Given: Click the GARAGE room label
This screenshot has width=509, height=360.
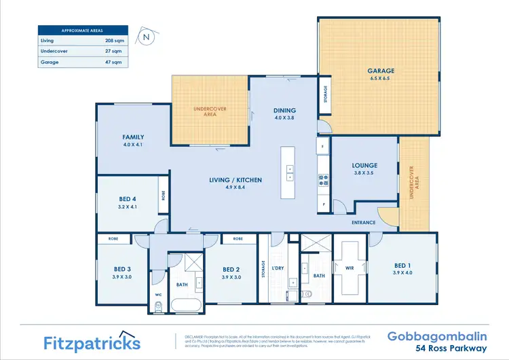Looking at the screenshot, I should pyautogui.click(x=381, y=71).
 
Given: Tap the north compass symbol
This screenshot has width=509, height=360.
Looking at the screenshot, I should pyautogui.click(x=145, y=37).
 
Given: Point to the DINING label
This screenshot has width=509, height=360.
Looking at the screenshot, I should pyautogui.click(x=284, y=110).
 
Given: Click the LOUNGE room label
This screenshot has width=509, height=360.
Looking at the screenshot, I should pyautogui.click(x=364, y=165).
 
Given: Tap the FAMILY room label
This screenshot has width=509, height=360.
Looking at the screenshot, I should pyautogui.click(x=133, y=137).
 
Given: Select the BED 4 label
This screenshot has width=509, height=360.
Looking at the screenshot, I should pyautogui.click(x=128, y=199).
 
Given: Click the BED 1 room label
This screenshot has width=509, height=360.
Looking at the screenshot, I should pyautogui.click(x=402, y=265).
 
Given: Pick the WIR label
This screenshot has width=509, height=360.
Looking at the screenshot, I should pyautogui.click(x=350, y=268).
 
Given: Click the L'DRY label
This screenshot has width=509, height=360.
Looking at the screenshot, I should pyautogui.click(x=278, y=268).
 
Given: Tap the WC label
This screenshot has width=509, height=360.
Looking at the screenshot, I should pyautogui.click(x=158, y=294).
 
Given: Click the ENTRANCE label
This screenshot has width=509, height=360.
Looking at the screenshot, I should pyautogui.click(x=364, y=223).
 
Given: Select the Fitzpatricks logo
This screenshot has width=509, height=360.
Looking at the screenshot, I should pyautogui.click(x=92, y=342).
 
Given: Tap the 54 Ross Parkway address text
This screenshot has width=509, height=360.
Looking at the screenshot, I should pyautogui.click(x=455, y=348).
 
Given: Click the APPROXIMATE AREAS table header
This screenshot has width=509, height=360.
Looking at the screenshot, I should pyautogui.click(x=81, y=31).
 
